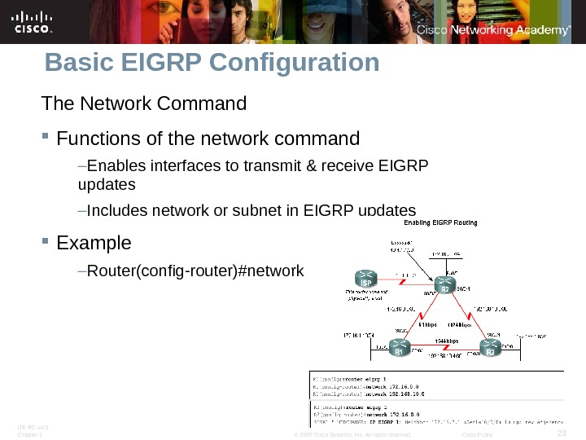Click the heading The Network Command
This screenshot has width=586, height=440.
click(x=143, y=104)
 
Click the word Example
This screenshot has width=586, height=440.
click(x=94, y=243)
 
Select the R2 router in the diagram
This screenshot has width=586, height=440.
click(x=445, y=284)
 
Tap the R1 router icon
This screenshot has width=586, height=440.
click(x=399, y=349)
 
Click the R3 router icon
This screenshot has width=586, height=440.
click(x=490, y=349)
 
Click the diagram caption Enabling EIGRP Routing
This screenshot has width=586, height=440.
click(x=440, y=222)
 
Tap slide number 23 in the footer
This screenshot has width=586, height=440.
click(x=560, y=433)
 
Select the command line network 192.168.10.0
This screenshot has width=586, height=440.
click(x=390, y=394)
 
